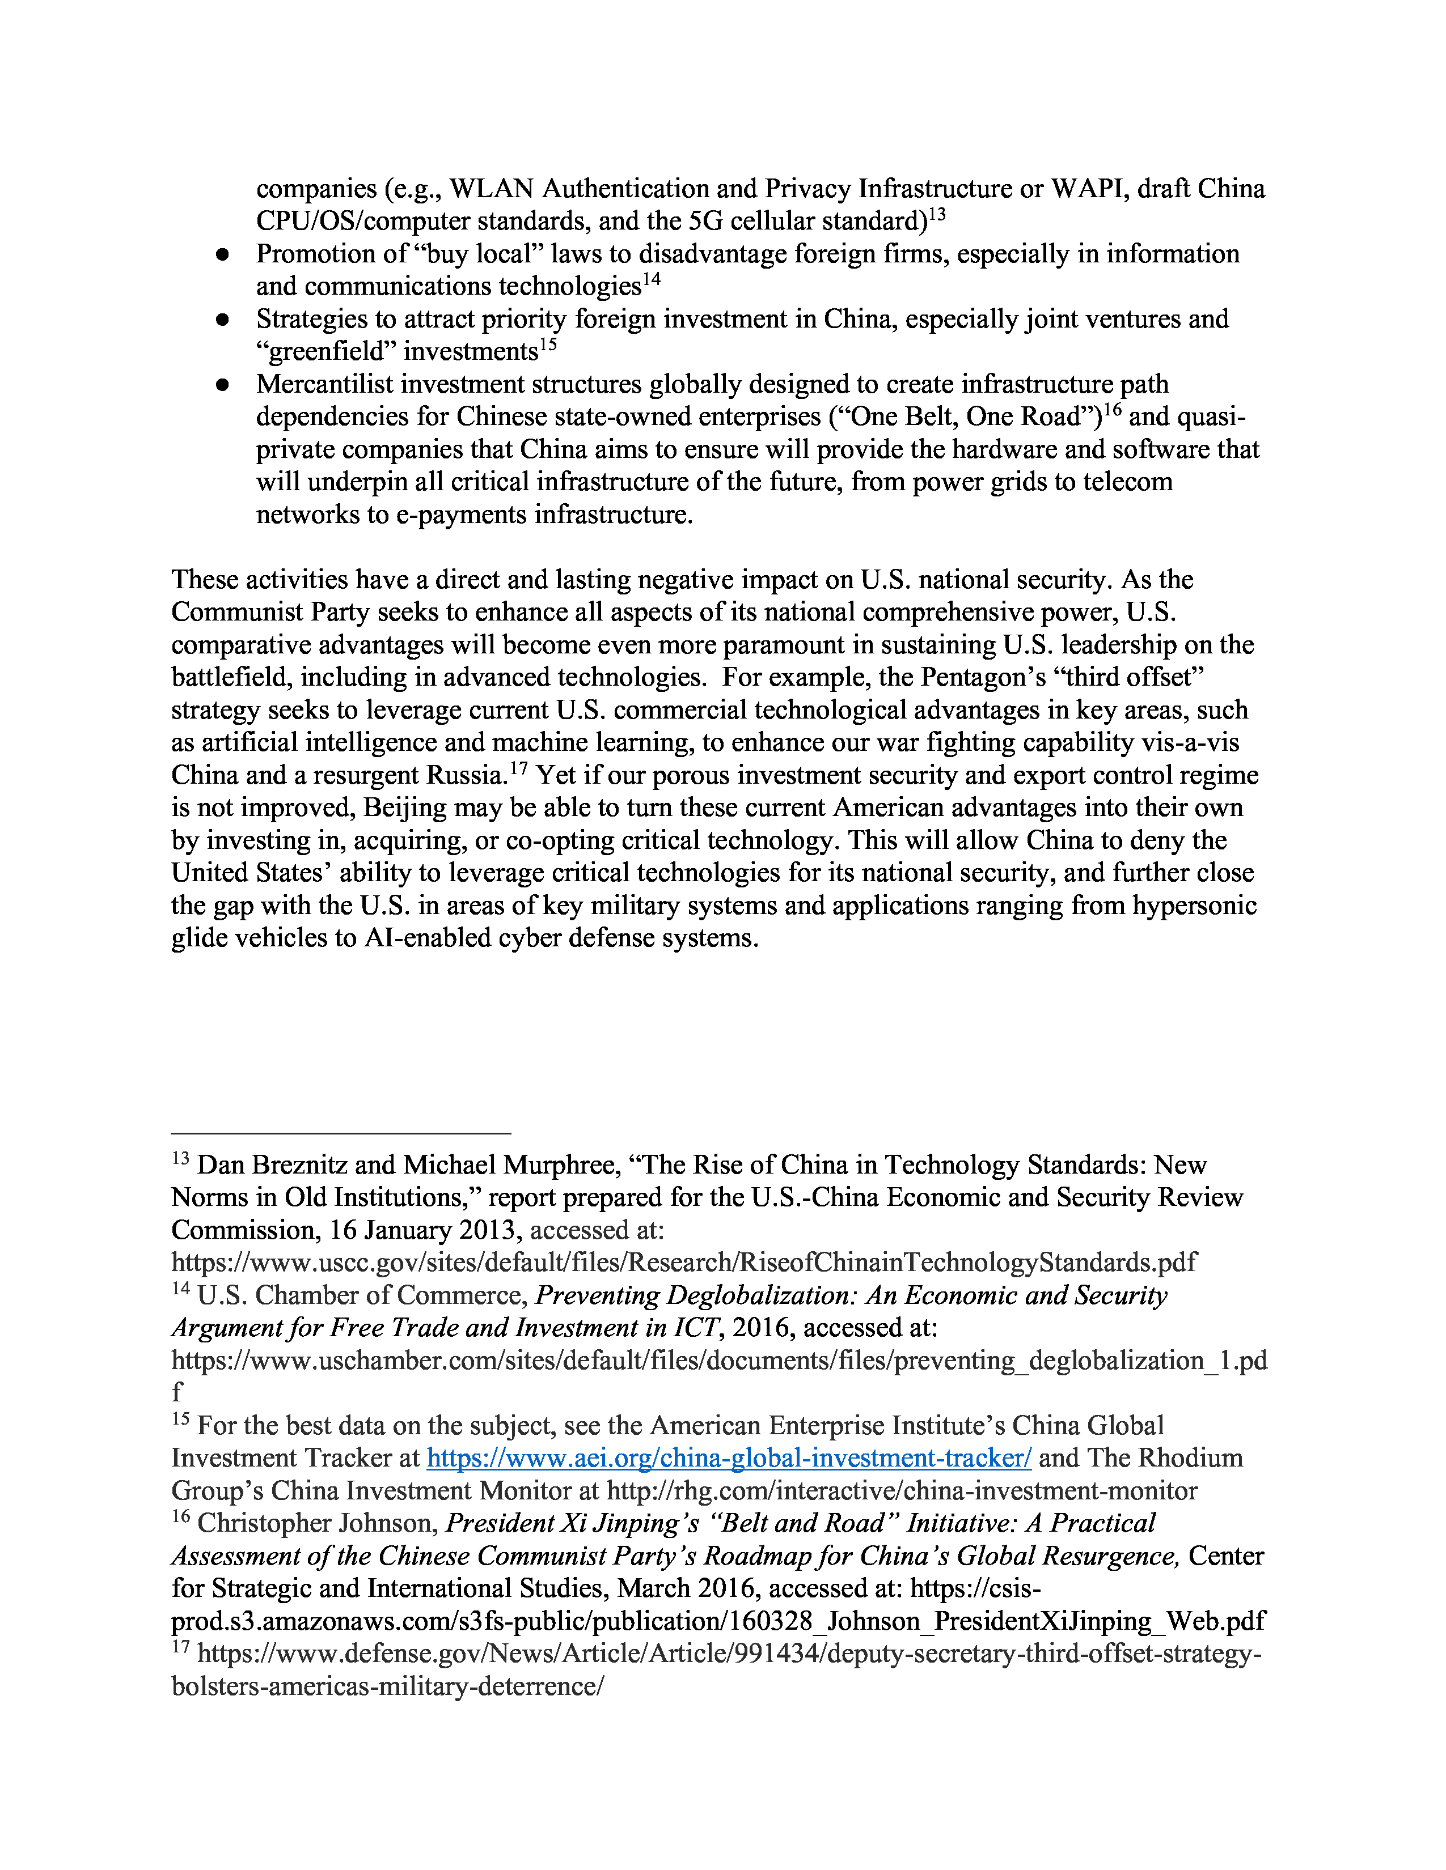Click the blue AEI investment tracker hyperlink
729,1457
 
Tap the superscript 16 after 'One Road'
1112,410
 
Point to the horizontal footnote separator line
341,1133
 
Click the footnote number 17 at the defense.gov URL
180,1647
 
